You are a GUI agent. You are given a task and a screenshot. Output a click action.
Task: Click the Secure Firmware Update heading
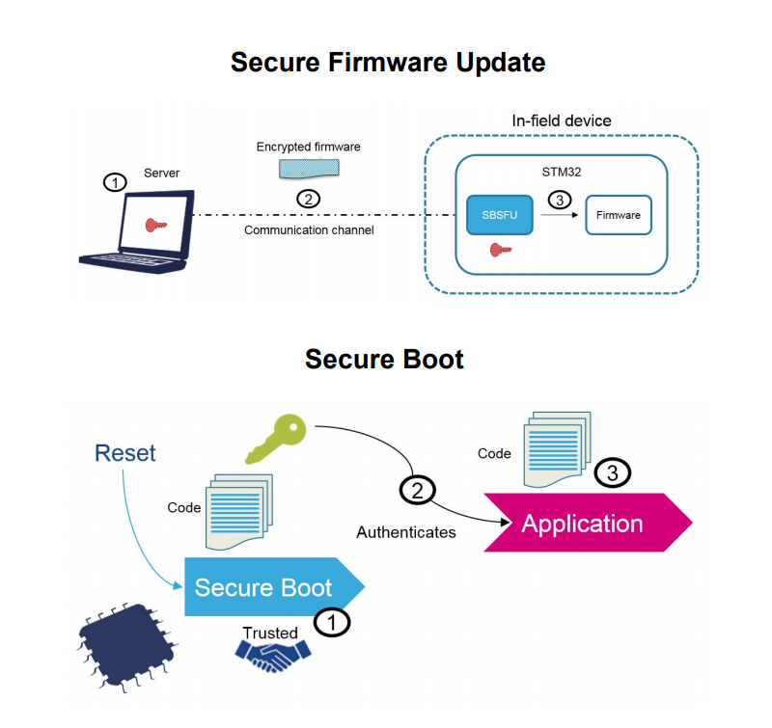tap(388, 63)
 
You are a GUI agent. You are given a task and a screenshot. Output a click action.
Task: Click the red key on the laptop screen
tap(154, 225)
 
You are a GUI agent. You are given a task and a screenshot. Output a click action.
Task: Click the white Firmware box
tap(619, 215)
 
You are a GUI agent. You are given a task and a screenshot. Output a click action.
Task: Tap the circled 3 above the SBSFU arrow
tap(559, 199)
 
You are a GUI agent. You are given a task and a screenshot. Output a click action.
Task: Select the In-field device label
tap(561, 121)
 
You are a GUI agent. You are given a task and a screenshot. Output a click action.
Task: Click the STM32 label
tap(562, 171)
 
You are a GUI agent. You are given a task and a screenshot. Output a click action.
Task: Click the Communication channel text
tap(309, 230)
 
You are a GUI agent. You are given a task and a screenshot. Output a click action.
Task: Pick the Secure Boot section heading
tap(384, 360)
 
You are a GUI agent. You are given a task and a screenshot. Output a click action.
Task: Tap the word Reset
tap(125, 453)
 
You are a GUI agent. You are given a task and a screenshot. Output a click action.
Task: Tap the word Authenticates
tap(405, 532)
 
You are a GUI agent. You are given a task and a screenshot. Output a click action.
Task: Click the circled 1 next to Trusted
tap(332, 623)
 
